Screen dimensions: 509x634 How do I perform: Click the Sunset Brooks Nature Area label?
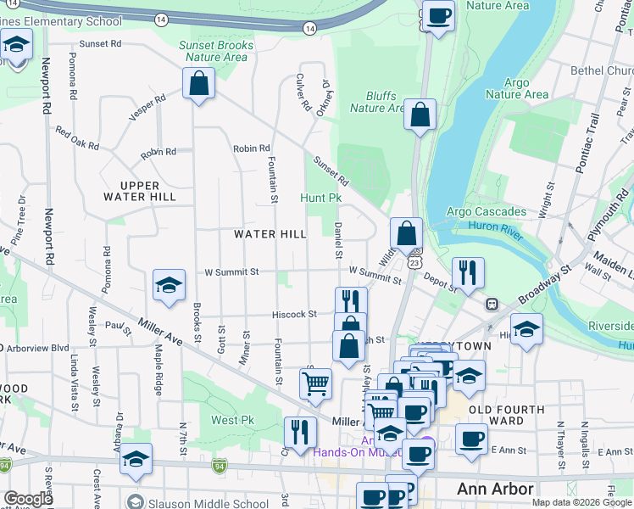(214, 51)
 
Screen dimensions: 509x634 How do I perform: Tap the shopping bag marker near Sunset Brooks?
(198, 84)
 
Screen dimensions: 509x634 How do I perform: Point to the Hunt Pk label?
(320, 198)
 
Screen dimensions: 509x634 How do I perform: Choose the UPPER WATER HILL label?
(148, 191)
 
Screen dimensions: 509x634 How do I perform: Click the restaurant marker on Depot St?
(468, 273)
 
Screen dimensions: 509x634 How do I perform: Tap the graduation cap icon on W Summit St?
(169, 286)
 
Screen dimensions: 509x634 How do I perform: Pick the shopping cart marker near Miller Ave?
(315, 383)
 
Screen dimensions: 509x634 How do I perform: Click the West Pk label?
(233, 420)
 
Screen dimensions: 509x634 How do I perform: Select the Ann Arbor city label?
(495, 489)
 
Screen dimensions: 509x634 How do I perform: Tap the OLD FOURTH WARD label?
(506, 415)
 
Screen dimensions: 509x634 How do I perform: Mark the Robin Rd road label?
(252, 148)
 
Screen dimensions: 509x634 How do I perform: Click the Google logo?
(28, 500)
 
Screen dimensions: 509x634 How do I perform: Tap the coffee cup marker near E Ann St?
(471, 439)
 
